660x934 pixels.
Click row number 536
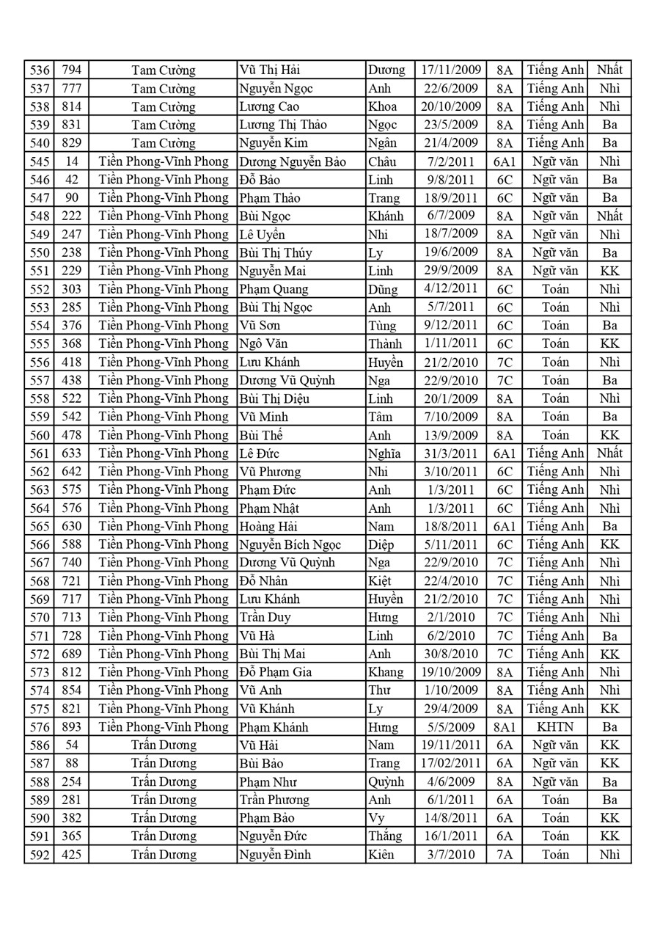coord(38,70)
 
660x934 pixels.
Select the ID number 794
coord(71,70)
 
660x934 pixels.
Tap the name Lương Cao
coord(269,107)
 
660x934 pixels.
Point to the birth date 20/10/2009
coord(450,107)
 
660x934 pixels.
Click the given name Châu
coord(382,161)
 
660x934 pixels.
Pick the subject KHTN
coord(554,727)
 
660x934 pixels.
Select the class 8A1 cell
coord(505,727)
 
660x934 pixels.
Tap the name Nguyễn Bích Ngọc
coord(290,544)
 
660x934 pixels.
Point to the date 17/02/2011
coord(450,763)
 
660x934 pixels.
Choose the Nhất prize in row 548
coord(609,216)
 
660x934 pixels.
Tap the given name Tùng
coord(382,326)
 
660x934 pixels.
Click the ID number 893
coord(71,727)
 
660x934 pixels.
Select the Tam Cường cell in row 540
coord(163,143)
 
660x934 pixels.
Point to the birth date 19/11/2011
coord(450,745)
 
